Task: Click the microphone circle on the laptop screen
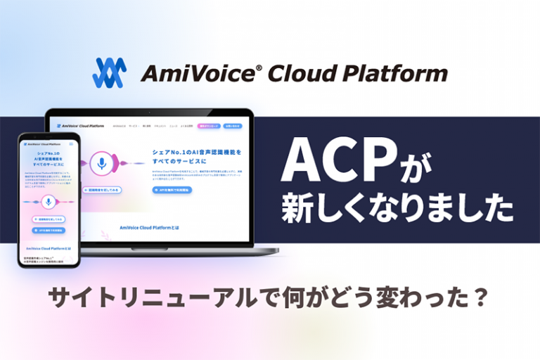[x=102, y=165]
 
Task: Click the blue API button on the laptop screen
[x=172, y=189]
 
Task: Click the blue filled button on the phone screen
[x=49, y=229]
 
